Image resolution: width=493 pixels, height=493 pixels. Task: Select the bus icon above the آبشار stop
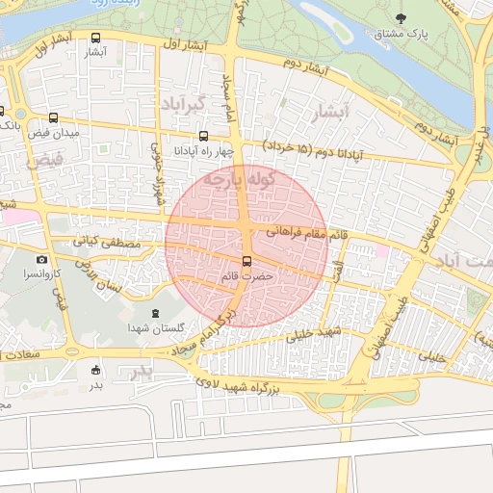coord(94,39)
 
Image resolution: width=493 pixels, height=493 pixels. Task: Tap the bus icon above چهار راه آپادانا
coord(203,136)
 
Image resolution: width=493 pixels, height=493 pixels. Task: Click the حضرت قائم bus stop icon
coord(246,261)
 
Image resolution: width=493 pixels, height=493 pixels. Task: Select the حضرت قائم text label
coord(246,275)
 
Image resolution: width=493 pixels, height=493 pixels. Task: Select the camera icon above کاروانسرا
coord(41,260)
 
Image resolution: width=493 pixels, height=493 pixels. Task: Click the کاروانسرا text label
coord(41,274)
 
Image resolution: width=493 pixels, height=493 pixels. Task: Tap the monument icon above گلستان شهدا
coord(156,314)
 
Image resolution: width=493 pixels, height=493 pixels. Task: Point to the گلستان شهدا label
coord(156,328)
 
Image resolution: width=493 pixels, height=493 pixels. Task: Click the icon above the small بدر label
coord(95,370)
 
